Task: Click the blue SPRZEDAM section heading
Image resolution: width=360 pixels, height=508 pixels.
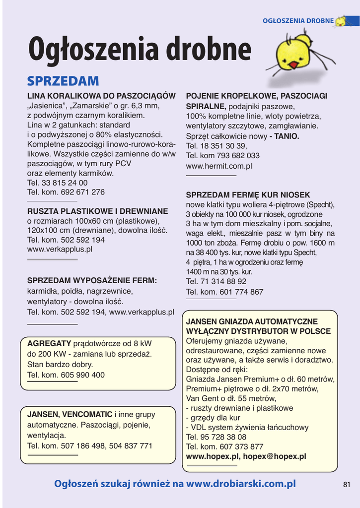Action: [x=63, y=81]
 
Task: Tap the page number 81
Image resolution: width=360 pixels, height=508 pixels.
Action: [x=347, y=485]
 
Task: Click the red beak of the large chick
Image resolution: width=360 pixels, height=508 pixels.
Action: [x=293, y=64]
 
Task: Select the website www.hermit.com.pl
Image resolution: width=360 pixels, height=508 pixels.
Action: [x=219, y=166]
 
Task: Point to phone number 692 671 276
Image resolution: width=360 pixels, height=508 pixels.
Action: [x=79, y=192]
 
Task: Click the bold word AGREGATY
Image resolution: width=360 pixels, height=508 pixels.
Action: [x=49, y=343]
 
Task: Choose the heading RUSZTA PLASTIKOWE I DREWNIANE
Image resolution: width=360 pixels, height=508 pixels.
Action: [x=97, y=211]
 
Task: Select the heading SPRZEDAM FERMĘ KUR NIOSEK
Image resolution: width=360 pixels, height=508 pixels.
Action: [x=248, y=195]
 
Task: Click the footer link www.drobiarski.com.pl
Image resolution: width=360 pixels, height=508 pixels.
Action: [x=241, y=484]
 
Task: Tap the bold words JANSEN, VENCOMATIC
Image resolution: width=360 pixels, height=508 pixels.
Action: [x=70, y=414]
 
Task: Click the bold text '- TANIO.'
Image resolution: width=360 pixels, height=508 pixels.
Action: [x=284, y=136]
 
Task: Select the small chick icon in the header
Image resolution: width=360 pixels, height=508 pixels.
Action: [x=341, y=21]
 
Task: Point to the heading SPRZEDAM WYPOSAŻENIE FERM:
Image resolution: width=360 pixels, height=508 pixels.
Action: [x=92, y=280]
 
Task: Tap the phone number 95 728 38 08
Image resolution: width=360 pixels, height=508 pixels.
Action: [x=223, y=437]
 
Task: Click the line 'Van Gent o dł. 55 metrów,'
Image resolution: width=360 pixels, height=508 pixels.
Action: [x=231, y=398]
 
